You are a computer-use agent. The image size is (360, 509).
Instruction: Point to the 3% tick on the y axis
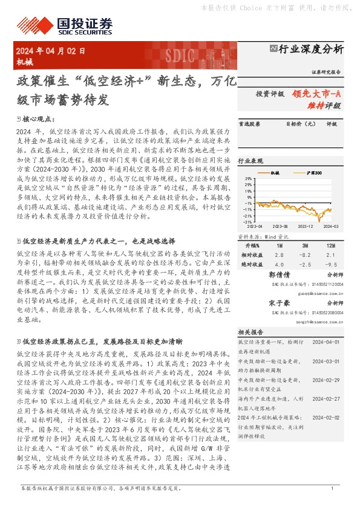point(249,180)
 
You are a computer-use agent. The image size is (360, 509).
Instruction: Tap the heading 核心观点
point(39,120)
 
